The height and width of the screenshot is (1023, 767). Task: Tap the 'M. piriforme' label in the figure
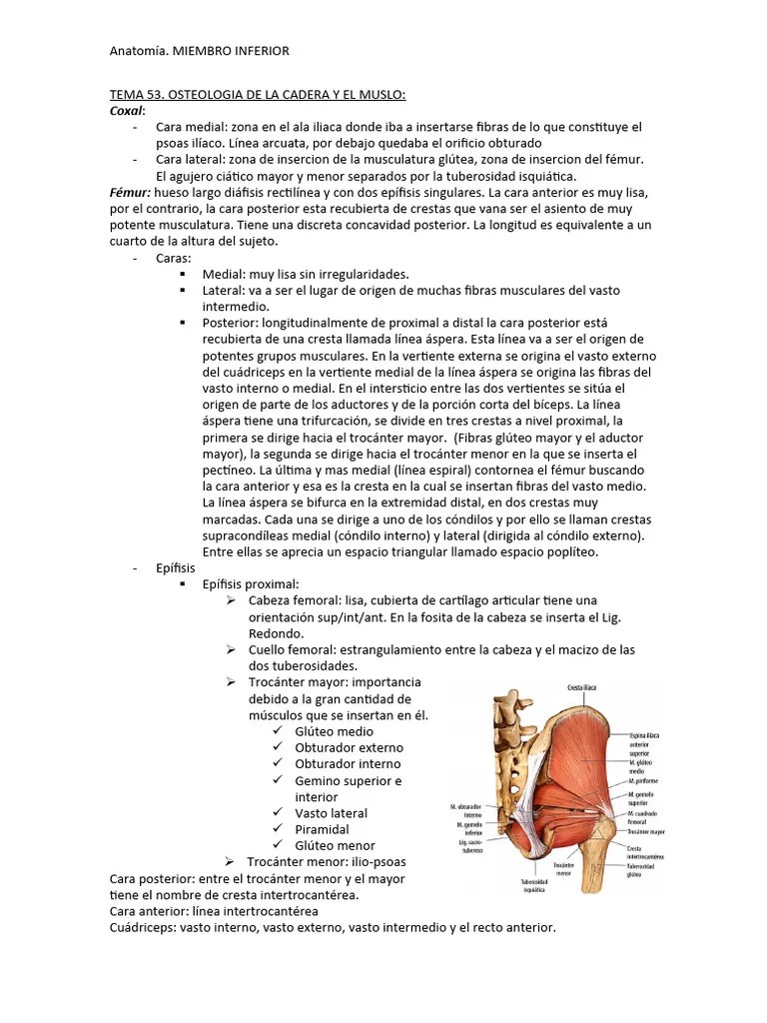tap(646, 780)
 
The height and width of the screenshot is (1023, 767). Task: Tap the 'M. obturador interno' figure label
tap(466, 809)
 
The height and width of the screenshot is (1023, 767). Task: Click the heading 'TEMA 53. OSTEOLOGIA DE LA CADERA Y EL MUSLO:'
tap(258, 95)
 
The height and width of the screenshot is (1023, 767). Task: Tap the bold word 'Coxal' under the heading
tap(127, 111)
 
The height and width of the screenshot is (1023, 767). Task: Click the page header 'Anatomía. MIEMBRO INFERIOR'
tap(199, 51)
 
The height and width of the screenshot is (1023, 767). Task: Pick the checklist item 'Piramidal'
tap(322, 829)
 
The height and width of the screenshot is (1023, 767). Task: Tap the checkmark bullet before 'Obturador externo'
tap(277, 747)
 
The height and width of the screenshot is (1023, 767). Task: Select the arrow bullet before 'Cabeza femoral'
tap(230, 600)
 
